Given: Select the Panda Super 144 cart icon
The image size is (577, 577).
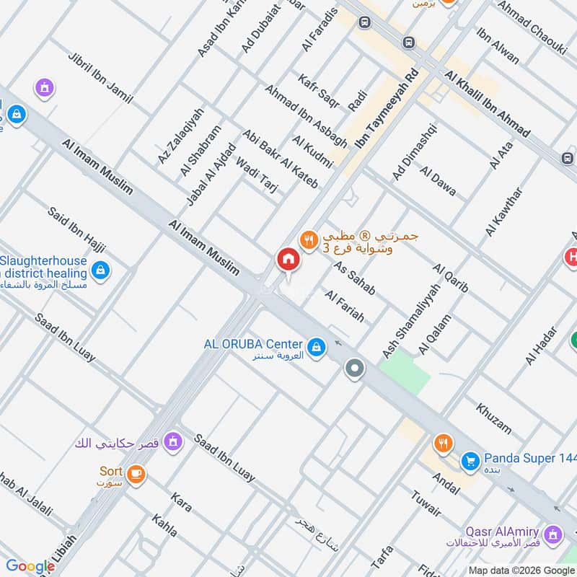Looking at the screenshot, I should [470, 459].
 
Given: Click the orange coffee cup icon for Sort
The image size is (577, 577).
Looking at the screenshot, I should [136, 474].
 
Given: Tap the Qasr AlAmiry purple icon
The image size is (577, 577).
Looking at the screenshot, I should [553, 534].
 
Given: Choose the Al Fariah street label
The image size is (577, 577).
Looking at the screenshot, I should [345, 306].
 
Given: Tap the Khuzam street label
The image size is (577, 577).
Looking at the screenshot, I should [493, 418].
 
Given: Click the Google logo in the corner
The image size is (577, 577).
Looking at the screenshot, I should [30, 566].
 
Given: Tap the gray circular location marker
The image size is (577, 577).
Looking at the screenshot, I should [354, 369].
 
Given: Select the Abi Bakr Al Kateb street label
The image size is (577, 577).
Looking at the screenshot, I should [281, 159].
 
